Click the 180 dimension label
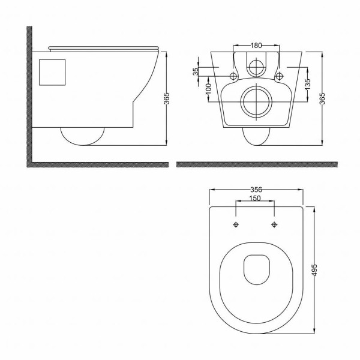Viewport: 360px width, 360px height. tap(256, 46)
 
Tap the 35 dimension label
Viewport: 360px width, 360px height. tap(196, 71)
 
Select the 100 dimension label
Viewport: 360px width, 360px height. tap(208, 89)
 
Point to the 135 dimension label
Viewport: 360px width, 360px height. tap(308, 84)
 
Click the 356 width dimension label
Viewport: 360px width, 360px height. tap(256, 190)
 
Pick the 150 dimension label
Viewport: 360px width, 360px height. tap(255, 198)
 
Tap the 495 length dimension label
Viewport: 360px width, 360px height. tap(315, 270)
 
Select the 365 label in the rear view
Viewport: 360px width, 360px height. tap(322, 98)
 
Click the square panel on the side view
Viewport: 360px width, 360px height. tap(52, 73)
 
